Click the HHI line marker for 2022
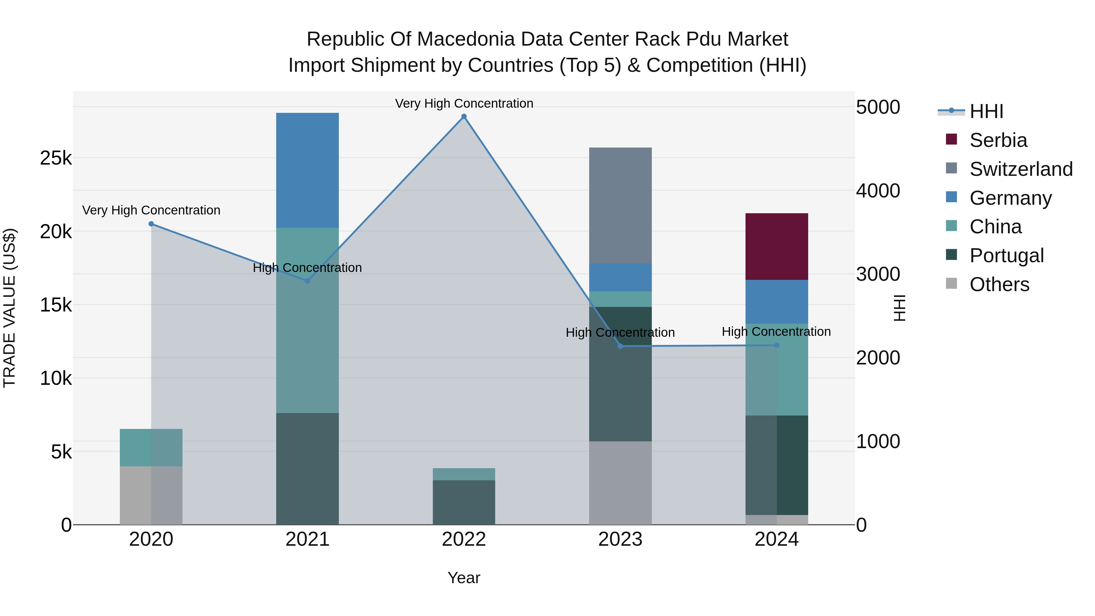(x=464, y=117)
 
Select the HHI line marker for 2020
(x=151, y=224)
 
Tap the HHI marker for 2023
(x=620, y=346)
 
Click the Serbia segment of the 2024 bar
(x=777, y=247)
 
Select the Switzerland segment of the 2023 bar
(x=620, y=205)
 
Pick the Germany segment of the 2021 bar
(x=307, y=170)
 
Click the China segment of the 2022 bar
(x=464, y=474)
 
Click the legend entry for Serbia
(x=998, y=140)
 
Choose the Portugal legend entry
(x=1006, y=256)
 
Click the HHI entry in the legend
(x=986, y=111)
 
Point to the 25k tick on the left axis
(x=56, y=158)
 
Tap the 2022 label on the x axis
(x=464, y=539)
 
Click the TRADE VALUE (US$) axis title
(x=9, y=308)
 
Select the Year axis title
(x=464, y=578)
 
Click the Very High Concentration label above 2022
(x=464, y=103)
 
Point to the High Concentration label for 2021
(x=307, y=268)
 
